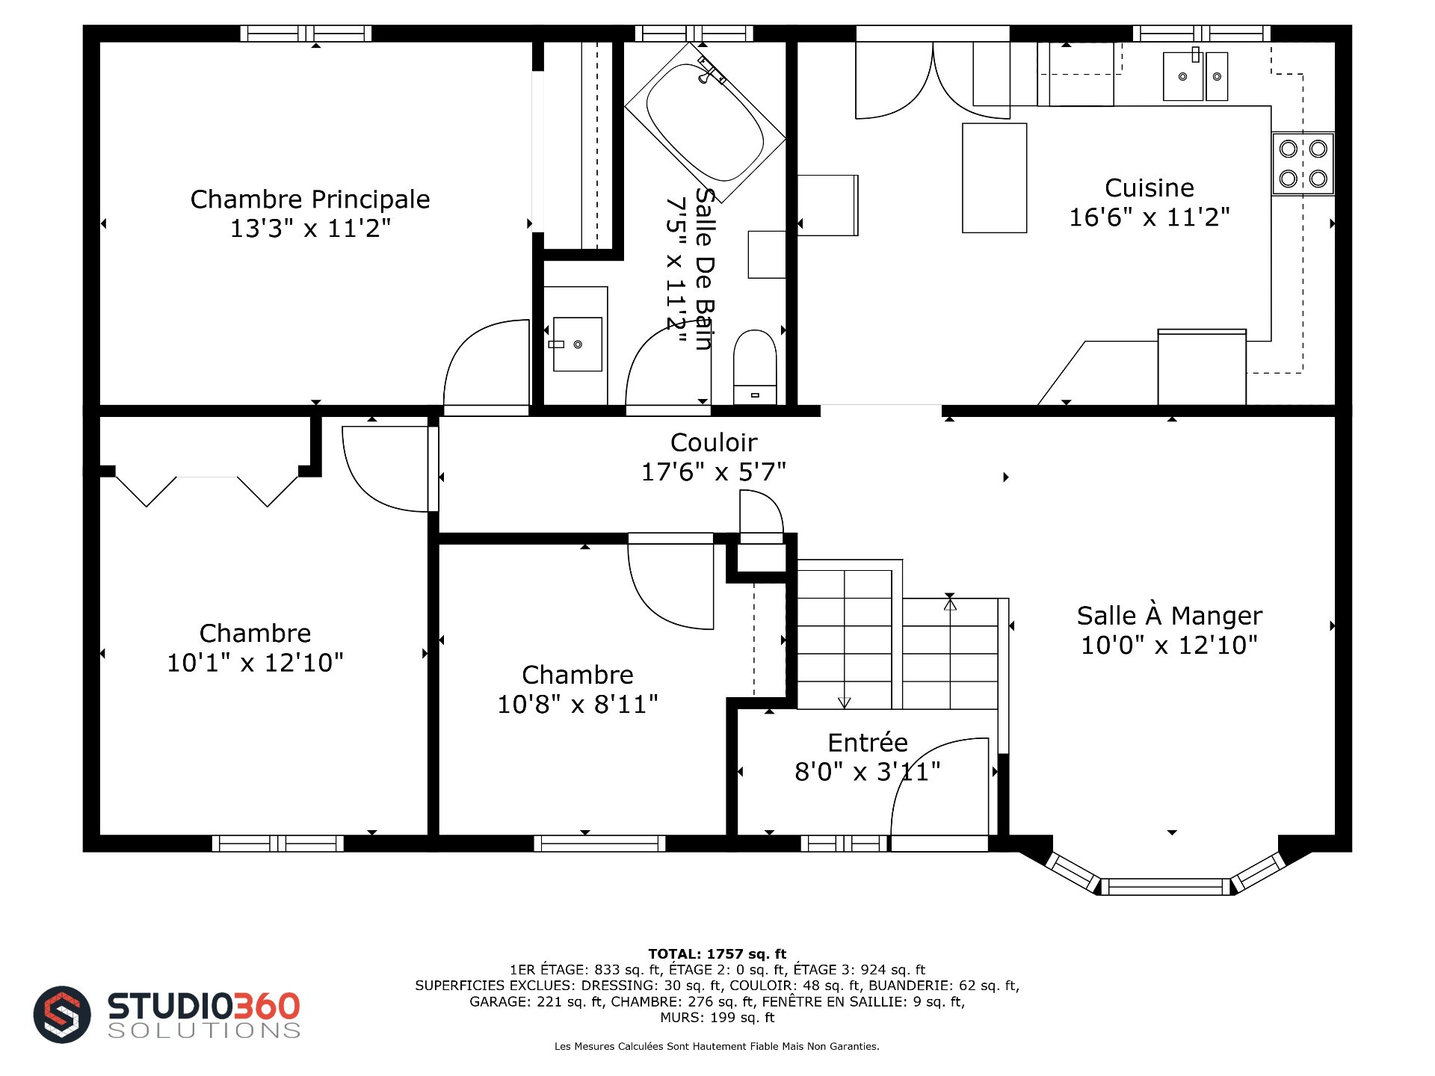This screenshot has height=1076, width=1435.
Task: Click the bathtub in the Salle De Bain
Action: coord(705,122)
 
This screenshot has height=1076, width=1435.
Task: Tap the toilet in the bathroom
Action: coord(755,367)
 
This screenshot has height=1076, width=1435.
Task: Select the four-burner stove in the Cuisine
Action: coord(1303,164)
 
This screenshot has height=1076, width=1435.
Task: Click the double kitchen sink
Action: coord(1195,75)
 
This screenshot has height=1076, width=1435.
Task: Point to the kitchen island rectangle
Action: coord(994,178)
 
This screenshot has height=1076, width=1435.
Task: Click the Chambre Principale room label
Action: coord(310,200)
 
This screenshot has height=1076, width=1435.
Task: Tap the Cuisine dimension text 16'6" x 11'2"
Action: coord(1149,217)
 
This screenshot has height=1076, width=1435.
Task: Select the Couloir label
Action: coord(714,442)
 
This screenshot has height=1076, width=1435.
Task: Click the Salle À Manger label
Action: coord(1169,616)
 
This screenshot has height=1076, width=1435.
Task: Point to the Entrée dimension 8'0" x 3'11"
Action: coord(867,771)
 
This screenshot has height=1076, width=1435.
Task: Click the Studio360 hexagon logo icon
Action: coord(62,1014)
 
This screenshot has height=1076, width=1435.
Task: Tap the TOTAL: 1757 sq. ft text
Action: coord(717,953)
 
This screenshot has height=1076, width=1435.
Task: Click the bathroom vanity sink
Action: coord(577,344)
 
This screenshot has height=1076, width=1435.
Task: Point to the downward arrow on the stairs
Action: coord(845,702)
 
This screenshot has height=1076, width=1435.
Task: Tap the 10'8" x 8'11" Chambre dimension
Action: coord(578,704)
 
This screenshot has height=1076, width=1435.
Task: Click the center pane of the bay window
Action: coord(1166,887)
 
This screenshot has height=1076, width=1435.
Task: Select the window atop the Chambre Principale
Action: coord(306,34)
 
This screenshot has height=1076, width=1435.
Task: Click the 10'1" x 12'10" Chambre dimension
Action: coord(255,663)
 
